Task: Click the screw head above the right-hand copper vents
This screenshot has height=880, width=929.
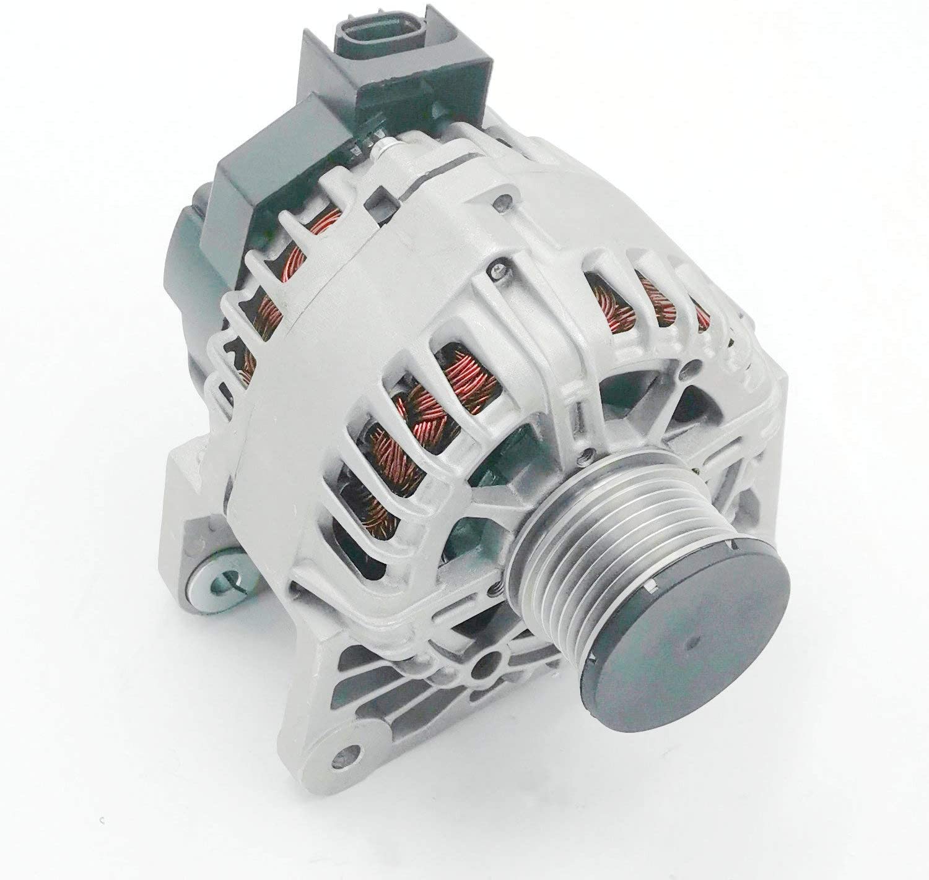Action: tap(496, 268)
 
